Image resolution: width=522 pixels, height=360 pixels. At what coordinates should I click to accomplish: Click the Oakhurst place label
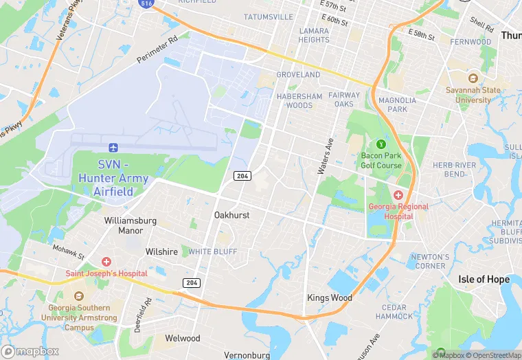[x=231, y=215]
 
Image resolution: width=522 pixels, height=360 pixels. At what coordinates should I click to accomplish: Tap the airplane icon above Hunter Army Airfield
[x=114, y=148]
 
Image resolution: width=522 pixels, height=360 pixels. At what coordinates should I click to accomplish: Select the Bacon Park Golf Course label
[x=381, y=161]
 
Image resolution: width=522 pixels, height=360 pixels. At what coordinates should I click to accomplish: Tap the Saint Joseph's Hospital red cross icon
[x=106, y=262]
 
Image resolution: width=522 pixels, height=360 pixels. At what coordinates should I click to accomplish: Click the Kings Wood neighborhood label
[x=329, y=297]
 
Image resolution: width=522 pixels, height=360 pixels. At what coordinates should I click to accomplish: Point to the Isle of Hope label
[x=484, y=279]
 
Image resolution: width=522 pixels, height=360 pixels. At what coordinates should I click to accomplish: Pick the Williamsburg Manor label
[x=130, y=225]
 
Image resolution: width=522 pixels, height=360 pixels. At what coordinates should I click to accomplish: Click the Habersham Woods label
[x=299, y=101]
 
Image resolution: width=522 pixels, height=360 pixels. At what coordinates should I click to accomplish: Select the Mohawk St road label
[x=68, y=251]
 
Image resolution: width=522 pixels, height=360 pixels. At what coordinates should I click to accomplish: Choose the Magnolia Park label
[x=397, y=104]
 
